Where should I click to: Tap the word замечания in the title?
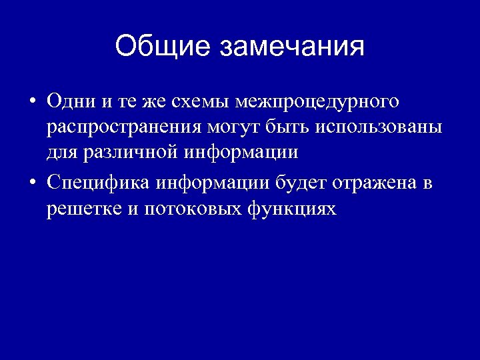click(x=291, y=47)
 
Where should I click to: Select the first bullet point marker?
click(x=32, y=102)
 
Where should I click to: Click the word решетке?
click(x=83, y=209)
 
